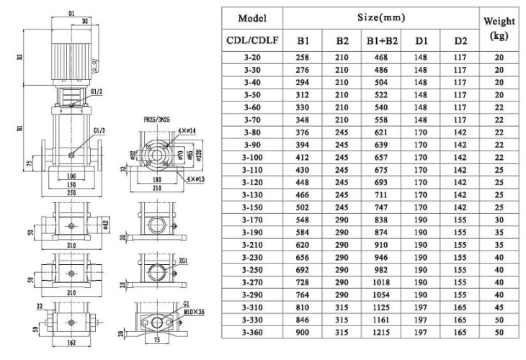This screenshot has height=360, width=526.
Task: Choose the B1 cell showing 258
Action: point(303,57)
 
